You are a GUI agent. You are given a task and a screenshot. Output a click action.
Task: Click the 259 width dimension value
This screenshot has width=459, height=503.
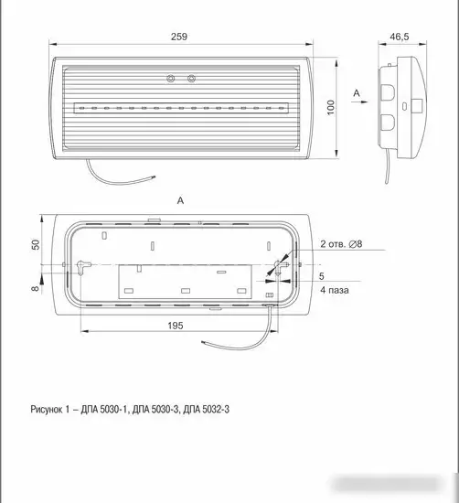[178, 37]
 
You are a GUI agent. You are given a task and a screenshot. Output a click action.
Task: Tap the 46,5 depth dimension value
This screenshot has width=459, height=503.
[400, 37]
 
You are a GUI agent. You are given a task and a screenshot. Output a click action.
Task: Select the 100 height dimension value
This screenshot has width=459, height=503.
[331, 108]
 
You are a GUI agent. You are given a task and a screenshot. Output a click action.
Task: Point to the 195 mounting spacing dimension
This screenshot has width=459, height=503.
[176, 326]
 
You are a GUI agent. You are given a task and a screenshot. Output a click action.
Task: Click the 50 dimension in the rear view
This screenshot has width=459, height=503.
[36, 244]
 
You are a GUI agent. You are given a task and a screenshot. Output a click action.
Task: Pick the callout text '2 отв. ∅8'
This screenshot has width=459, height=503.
[341, 244]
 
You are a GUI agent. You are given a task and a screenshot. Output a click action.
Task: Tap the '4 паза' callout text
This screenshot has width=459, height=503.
[335, 290]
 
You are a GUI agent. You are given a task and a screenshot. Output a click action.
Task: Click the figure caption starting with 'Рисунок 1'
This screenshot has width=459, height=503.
[130, 410]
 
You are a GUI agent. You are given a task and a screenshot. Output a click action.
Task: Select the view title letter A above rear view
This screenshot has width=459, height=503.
[181, 201]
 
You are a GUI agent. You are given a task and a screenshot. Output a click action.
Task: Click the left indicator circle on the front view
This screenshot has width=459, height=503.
[171, 79]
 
